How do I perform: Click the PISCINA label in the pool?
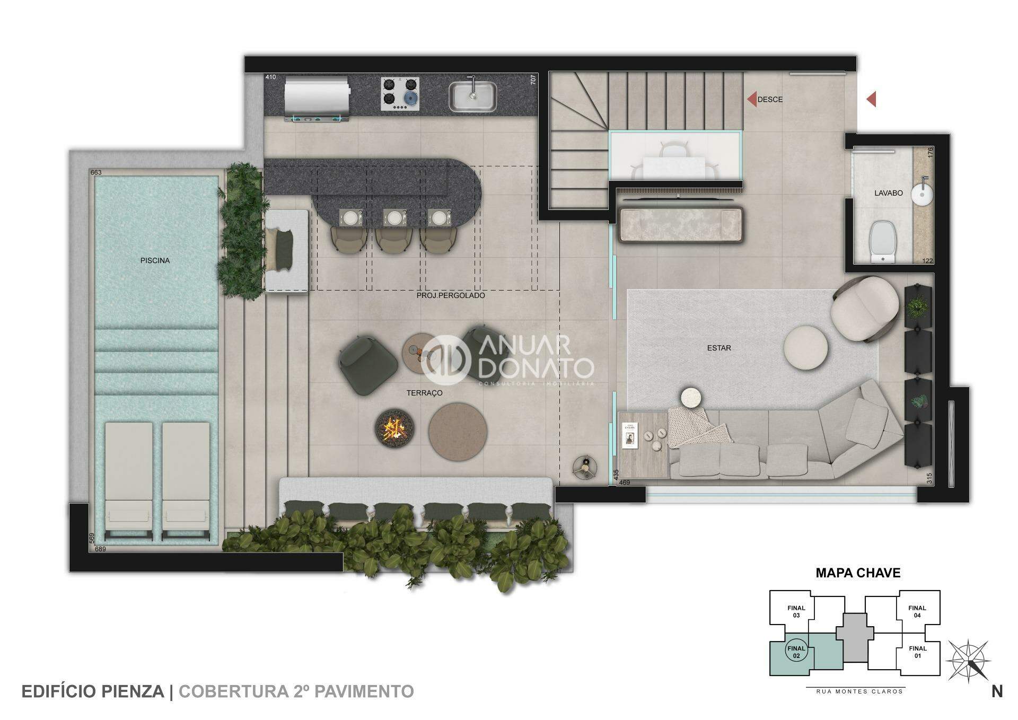point(155,260)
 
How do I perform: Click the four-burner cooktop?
point(400,94)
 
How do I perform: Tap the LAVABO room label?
point(888,193)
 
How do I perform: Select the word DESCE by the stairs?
point(770,99)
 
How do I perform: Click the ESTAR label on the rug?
point(719,348)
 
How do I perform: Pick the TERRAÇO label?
point(424,393)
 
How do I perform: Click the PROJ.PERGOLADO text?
point(451,295)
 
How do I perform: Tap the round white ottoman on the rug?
point(805,347)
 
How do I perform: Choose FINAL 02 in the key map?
point(796,652)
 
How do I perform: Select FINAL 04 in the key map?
point(917,611)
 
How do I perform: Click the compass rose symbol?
point(969,661)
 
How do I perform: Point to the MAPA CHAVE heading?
point(858,573)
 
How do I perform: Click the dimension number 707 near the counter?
point(533,79)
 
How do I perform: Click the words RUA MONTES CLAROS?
point(855,691)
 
